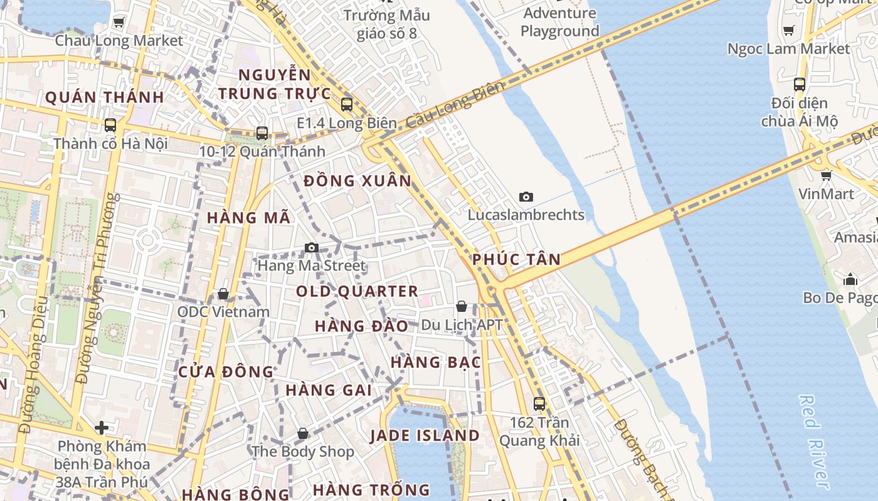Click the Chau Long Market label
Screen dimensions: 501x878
(119, 41)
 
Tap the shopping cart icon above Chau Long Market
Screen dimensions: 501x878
(119, 23)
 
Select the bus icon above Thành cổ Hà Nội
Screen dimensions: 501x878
(110, 125)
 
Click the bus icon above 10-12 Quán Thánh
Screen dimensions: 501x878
(262, 133)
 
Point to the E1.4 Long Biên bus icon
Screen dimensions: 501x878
(347, 105)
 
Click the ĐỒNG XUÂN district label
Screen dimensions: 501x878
(357, 181)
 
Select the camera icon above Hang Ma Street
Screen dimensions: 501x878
(312, 248)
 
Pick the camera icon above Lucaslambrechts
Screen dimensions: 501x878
(526, 197)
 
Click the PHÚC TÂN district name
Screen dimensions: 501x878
(517, 259)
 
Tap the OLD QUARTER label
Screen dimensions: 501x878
(357, 291)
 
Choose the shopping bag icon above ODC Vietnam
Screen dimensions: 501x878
(223, 294)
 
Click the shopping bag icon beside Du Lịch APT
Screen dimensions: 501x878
(462, 306)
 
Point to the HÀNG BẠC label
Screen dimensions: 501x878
(436, 362)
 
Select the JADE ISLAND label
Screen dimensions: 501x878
(425, 435)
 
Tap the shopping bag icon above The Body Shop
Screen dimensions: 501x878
(303, 433)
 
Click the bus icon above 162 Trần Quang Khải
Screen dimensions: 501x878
(539, 404)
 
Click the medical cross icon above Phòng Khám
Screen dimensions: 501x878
(102, 428)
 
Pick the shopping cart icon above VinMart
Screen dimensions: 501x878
(827, 176)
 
